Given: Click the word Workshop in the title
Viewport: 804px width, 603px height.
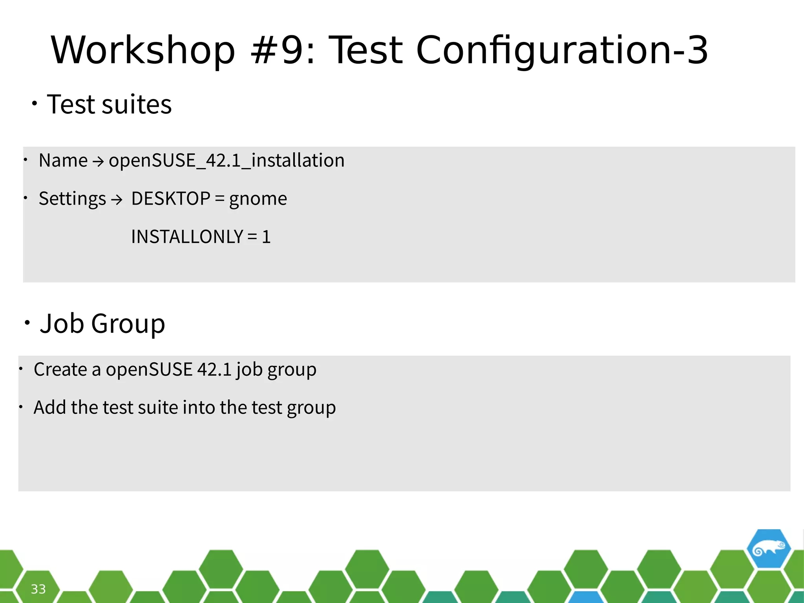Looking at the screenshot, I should point(143,50).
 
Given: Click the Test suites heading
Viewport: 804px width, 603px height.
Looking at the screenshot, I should point(109,105).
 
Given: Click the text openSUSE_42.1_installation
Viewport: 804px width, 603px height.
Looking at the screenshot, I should point(227,161).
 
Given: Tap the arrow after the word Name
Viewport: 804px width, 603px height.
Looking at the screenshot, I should point(98,161).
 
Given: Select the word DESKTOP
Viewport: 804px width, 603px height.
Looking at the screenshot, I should point(171,199).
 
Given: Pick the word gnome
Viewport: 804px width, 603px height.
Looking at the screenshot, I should point(258,199).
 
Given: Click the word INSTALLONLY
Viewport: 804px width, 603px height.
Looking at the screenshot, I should point(187,237).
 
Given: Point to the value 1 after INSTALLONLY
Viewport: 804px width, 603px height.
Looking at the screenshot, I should point(266,237).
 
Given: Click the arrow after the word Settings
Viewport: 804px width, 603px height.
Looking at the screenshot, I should point(117,200).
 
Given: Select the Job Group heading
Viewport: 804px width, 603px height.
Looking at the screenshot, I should point(102,324).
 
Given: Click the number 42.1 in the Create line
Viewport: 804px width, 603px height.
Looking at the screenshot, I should point(214,369).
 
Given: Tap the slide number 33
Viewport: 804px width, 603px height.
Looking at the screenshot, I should point(38,589).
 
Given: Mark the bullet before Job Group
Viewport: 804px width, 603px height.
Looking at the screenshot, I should point(27,323).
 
